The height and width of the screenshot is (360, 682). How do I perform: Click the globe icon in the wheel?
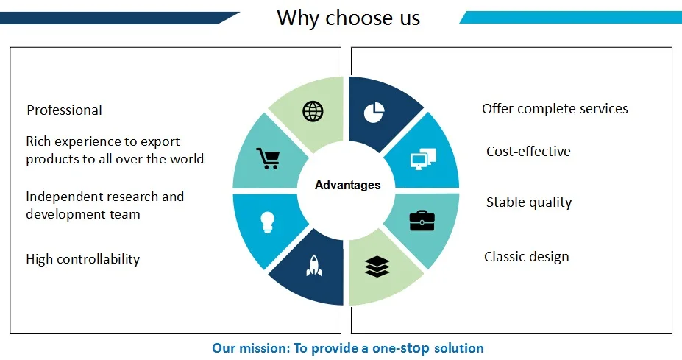pyautogui.click(x=313, y=111)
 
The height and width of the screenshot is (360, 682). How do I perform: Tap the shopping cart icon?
pyautogui.click(x=268, y=158)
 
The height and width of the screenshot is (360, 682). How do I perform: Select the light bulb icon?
pyautogui.click(x=267, y=222)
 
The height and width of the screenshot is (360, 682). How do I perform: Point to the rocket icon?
pyautogui.click(x=314, y=266)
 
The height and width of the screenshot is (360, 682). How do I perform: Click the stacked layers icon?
pyautogui.click(x=377, y=267)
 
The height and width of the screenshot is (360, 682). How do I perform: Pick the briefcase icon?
pyautogui.click(x=422, y=220)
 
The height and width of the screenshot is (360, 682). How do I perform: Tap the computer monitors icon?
pyautogui.click(x=423, y=159)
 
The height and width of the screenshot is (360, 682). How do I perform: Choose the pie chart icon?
pyautogui.click(x=374, y=113)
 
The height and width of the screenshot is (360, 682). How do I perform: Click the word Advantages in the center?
pyautogui.click(x=347, y=185)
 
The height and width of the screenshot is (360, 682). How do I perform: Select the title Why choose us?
pyautogui.click(x=349, y=18)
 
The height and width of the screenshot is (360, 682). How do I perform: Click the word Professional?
pyautogui.click(x=64, y=110)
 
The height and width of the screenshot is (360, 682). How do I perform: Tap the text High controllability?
pyautogui.click(x=82, y=259)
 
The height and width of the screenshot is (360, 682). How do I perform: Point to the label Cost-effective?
pyautogui.click(x=528, y=151)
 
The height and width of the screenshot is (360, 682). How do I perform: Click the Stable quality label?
pyautogui.click(x=529, y=202)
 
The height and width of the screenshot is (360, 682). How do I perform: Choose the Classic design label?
pyautogui.click(x=526, y=257)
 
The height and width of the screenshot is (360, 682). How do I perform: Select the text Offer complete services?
pyautogui.click(x=555, y=108)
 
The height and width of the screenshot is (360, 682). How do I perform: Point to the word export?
pyautogui.click(x=160, y=141)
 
